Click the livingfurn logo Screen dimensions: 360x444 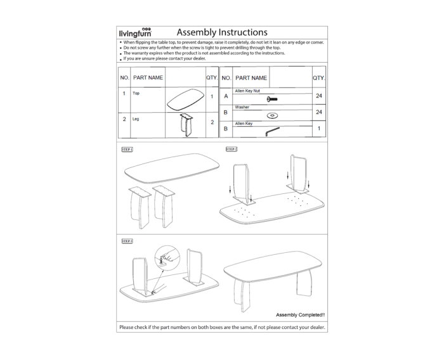tap(137, 32)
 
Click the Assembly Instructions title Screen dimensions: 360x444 tap(221, 32)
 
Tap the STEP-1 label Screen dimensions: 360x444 tap(127, 150)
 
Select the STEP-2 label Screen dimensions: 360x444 tap(232, 149)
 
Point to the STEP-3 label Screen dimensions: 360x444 tap(127, 241)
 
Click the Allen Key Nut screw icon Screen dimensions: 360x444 tap(273, 100)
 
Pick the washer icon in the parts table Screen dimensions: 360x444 tap(273, 115)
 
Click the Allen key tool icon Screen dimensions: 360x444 tap(272, 130)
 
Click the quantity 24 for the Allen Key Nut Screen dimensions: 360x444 tap(319, 96)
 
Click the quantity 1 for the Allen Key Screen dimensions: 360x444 tap(319, 129)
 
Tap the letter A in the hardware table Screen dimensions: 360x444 tap(226, 96)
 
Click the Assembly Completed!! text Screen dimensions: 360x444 tap(301, 314)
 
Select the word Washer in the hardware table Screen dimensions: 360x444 tap(242, 107)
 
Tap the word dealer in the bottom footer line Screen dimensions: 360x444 tap(313, 328)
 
